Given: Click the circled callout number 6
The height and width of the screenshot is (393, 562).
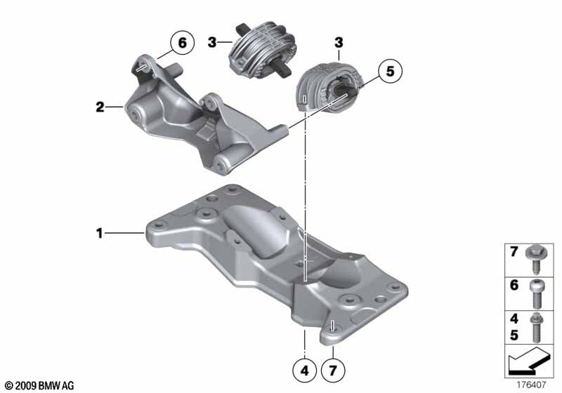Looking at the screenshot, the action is coord(183,43).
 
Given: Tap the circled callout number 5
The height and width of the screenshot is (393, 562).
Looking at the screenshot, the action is coord(390,71).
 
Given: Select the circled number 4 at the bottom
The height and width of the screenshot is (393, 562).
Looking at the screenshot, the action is coord(305,371).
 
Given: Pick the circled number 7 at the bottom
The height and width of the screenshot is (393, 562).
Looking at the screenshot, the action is coord(333,371).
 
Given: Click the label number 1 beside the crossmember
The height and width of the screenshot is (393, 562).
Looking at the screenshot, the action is coord(99,234).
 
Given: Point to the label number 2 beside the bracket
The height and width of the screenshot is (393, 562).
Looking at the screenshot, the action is coord(100,107).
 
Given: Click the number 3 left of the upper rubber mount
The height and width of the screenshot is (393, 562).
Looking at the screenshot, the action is coord(212,42).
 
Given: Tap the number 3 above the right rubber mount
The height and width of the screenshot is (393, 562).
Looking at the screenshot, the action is coord(339,43).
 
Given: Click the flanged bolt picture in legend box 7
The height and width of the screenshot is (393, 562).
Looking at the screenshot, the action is coord(536,260).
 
